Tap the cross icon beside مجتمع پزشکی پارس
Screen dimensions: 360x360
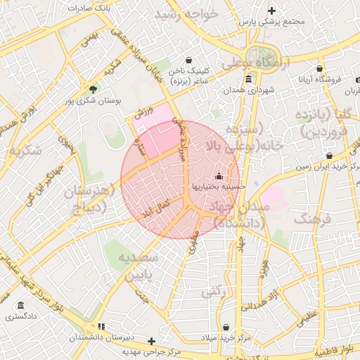coord(272,11)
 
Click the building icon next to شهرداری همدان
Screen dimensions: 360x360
coord(249,79)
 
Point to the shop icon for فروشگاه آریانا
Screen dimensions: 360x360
coord(320,69)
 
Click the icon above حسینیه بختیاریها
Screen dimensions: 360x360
coord(220,176)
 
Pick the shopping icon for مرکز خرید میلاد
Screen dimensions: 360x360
coord(226,327)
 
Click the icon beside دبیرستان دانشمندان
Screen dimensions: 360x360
coord(102,327)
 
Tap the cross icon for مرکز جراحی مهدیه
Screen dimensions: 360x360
coord(151,341)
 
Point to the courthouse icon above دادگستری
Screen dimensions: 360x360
coord(21,307)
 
